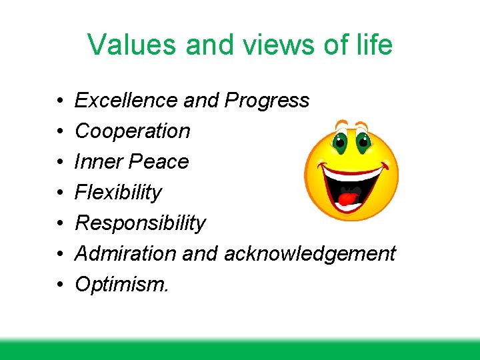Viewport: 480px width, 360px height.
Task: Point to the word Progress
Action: coord(267,100)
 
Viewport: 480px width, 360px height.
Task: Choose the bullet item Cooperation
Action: coord(132,131)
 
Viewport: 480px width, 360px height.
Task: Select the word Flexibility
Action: coord(118,192)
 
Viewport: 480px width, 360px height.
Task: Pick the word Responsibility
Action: coord(140,223)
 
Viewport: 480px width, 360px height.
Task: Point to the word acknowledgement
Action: coord(310,253)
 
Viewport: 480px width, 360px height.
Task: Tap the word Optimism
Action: coord(121,284)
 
